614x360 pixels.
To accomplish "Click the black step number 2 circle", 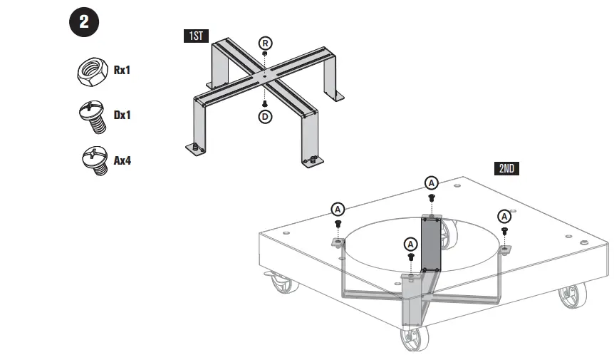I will point(84,22).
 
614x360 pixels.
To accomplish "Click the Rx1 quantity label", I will point(123,71).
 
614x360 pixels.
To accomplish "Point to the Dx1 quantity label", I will point(123,115).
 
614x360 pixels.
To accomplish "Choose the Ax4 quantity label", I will point(123,160).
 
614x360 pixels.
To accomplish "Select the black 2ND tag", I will point(506,169).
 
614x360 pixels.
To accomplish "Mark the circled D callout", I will point(265,116).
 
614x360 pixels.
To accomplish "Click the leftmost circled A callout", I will point(338,208).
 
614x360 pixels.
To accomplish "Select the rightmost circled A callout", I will point(504,216).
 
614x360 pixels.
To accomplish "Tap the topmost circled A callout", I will point(431,182).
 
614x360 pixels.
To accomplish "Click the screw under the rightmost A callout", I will point(504,232).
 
